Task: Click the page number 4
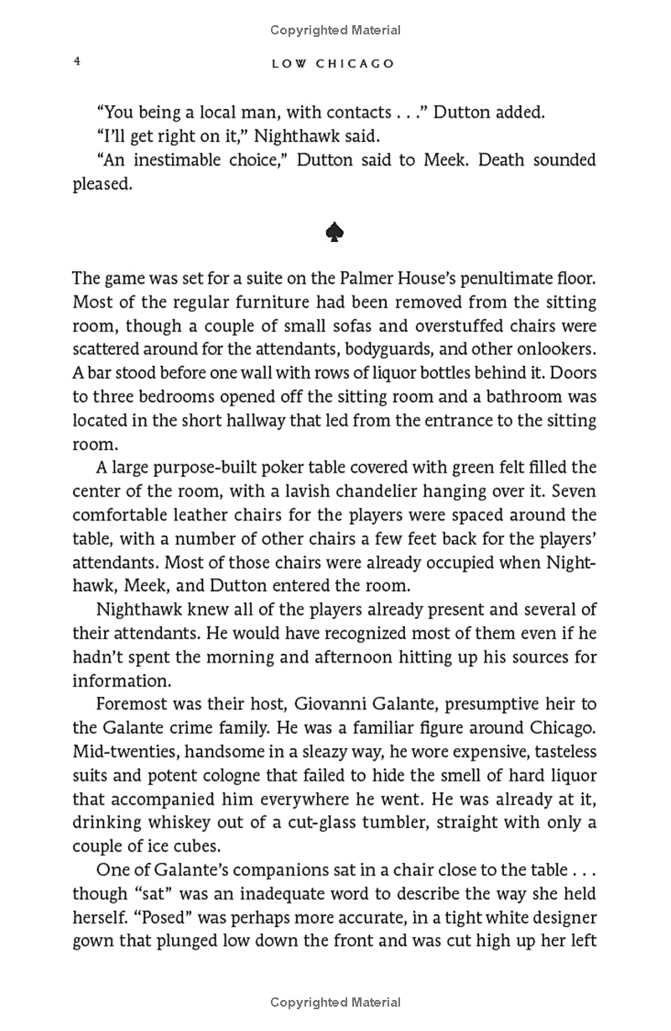(76, 62)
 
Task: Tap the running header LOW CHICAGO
(333, 64)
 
